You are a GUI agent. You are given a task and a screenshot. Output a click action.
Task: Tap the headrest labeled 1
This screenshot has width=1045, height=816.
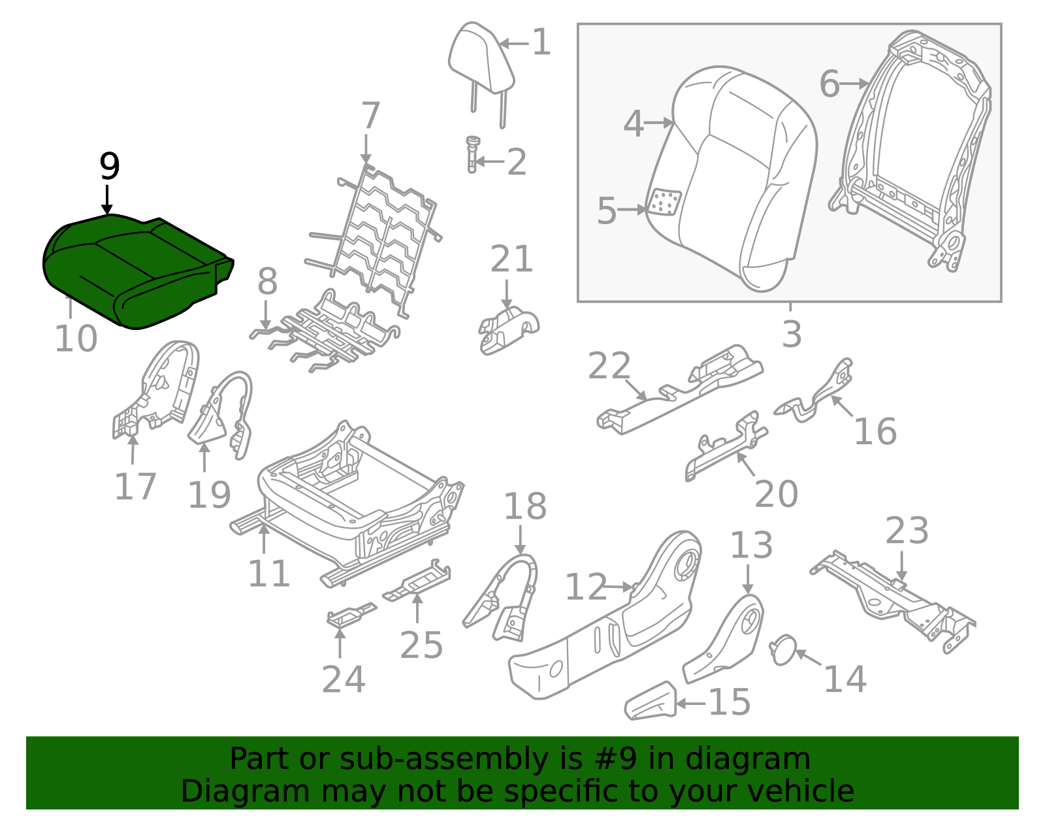pyautogui.click(x=481, y=59)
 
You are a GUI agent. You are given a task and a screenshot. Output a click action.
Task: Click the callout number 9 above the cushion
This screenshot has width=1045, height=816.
pyautogui.click(x=110, y=167)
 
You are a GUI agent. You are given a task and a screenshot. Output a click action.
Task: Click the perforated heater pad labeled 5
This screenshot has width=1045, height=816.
pyautogui.click(x=665, y=203)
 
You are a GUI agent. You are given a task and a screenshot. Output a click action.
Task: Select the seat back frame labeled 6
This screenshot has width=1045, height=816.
pyautogui.click(x=914, y=150)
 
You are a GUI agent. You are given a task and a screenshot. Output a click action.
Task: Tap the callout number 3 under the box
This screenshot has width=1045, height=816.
pyautogui.click(x=792, y=335)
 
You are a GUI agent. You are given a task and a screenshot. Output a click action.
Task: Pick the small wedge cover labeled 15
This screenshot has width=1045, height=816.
pyautogui.click(x=650, y=702)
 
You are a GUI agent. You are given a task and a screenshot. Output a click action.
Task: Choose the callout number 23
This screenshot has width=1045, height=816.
pyautogui.click(x=907, y=531)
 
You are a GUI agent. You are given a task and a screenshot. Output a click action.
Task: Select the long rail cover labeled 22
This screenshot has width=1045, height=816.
pyautogui.click(x=679, y=392)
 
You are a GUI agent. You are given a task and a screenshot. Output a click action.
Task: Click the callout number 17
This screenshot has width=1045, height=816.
pyautogui.click(x=135, y=487)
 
